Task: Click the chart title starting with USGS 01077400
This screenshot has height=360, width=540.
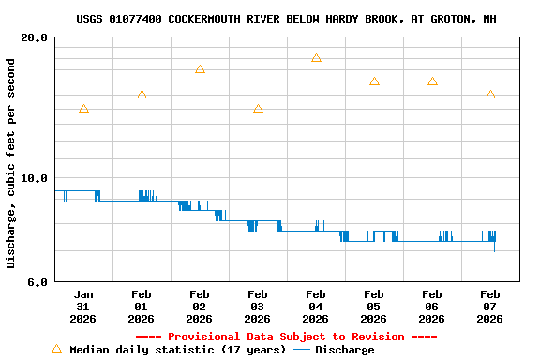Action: (x=287, y=19)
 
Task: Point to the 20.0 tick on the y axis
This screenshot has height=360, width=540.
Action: (x=35, y=37)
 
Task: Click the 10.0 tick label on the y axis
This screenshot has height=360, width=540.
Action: (x=35, y=178)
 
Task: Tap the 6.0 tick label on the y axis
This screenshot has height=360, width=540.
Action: (x=37, y=281)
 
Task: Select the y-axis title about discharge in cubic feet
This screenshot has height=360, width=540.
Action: (x=11, y=163)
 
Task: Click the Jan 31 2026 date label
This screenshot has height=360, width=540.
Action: (x=83, y=306)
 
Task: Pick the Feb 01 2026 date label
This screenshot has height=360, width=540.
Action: (x=142, y=306)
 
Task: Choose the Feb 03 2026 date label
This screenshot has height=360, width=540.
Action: (x=258, y=306)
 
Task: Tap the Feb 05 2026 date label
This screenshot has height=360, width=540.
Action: (x=374, y=306)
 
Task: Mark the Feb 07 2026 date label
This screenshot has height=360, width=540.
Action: (x=490, y=306)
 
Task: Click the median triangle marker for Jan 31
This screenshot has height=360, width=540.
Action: (x=83, y=109)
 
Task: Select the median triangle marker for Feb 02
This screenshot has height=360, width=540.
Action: (x=200, y=69)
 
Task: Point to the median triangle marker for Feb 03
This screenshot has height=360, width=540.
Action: (x=258, y=109)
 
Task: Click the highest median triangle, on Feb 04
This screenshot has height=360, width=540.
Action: (x=316, y=58)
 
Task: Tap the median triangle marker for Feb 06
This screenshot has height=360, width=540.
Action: (x=432, y=82)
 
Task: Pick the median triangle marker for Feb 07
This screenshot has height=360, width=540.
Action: (x=490, y=95)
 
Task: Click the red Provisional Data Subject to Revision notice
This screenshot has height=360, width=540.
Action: (x=287, y=337)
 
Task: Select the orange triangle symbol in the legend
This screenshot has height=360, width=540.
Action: (x=56, y=349)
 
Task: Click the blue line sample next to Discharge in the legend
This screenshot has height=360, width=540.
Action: (x=302, y=350)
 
